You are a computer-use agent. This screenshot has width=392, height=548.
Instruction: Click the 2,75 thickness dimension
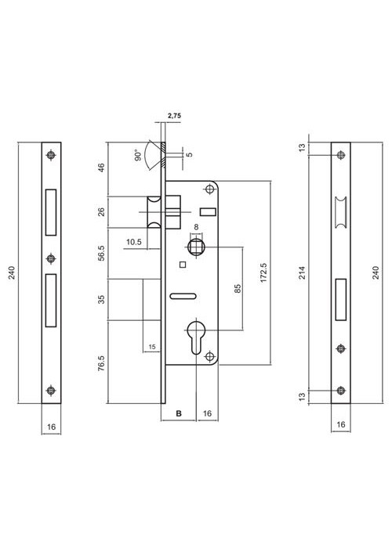tap(174, 116)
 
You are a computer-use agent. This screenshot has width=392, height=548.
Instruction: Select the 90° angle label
tap(138, 156)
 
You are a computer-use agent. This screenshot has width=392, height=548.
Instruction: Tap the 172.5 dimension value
tap(264, 273)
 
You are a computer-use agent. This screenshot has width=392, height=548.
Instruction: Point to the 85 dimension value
tap(238, 289)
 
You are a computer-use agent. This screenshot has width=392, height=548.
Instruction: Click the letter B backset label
tap(179, 413)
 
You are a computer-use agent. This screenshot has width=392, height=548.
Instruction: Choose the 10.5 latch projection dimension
tap(134, 242)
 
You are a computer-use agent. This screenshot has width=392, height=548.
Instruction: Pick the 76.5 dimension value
tap(101, 362)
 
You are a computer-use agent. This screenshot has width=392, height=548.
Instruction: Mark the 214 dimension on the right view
tap(303, 272)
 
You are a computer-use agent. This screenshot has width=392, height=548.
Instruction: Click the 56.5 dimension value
tap(101, 253)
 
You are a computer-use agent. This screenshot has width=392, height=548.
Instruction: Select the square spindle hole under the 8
tap(196, 247)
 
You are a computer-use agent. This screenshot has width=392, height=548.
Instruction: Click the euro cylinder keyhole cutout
tap(196, 336)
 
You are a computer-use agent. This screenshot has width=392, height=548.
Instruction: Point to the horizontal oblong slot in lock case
tap(183, 296)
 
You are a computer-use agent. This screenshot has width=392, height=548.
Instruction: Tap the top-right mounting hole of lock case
tap(209, 189)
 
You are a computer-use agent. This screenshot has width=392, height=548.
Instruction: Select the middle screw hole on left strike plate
tap(52, 258)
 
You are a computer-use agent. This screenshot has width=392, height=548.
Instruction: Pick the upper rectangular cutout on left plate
tap(51, 212)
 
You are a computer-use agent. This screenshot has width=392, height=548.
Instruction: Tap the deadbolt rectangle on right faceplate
tap(341, 300)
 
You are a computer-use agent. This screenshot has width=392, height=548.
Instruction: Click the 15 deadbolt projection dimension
tap(152, 347)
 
